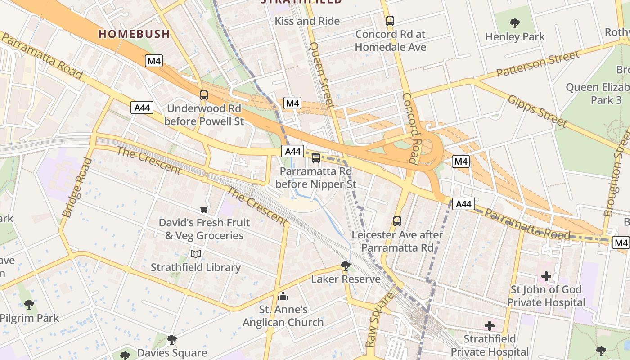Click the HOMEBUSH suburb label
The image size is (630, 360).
(134, 34)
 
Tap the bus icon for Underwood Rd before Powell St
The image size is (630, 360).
(204, 95)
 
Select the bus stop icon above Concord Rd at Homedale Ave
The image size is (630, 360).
(390, 21)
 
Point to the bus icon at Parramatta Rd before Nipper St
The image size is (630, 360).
(316, 158)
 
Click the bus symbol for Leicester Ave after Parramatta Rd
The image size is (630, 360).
(397, 221)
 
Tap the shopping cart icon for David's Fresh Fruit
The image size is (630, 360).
(204, 209)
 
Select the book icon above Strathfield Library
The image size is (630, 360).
(195, 254)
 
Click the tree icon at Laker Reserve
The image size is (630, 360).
(346, 266)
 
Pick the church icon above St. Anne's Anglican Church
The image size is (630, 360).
(283, 296)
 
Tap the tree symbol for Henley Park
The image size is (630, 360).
(515, 23)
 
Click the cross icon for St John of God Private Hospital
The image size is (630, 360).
(546, 276)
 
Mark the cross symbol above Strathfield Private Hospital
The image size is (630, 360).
(490, 326)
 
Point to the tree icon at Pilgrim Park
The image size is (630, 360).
(29, 305)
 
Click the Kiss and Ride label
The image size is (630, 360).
(307, 21)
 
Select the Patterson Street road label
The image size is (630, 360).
(538, 64)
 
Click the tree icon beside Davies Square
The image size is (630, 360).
(171, 339)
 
